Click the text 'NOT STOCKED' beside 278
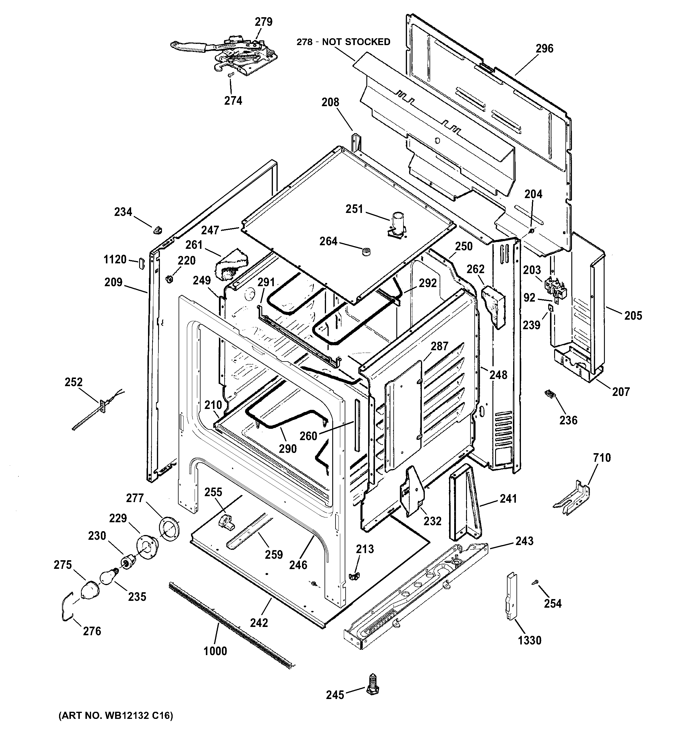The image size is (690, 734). pos(356,42)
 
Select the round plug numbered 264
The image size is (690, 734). pos(366,252)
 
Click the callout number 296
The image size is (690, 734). pos(544,48)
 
